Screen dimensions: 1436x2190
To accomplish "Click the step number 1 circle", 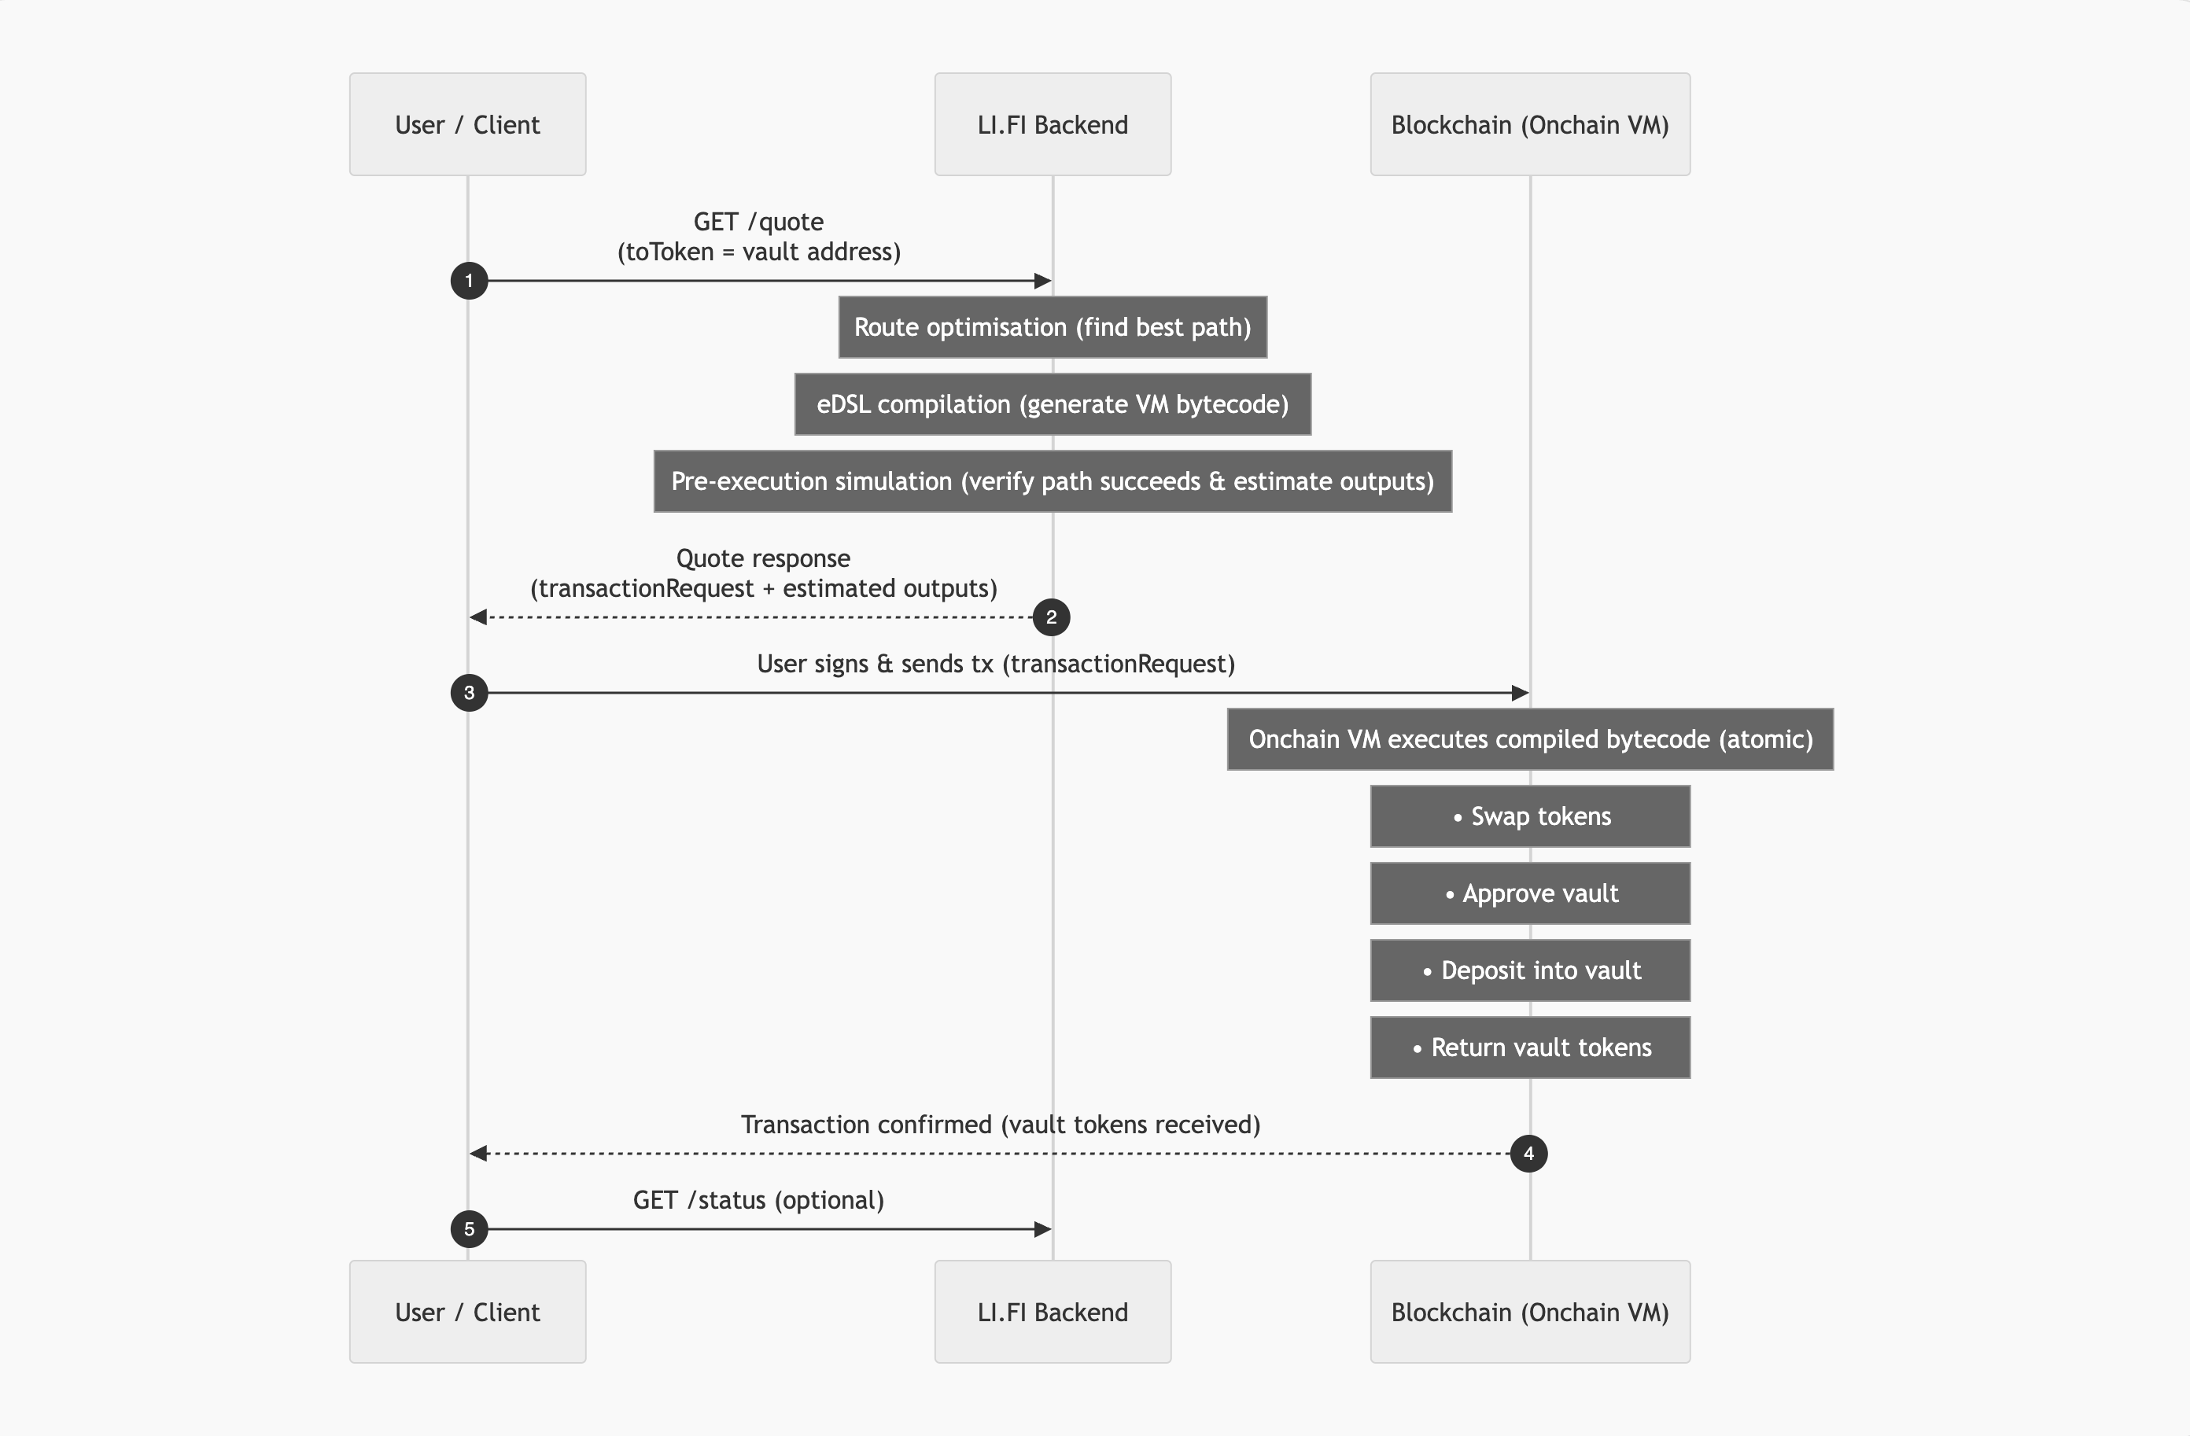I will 468,281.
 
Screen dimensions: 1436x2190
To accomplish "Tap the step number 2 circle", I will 1051,617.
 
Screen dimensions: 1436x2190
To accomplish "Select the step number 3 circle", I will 468,693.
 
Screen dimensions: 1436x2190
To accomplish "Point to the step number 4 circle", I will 1528,1154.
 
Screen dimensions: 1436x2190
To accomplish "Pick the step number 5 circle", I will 468,1229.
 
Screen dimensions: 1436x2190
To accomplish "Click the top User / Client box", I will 467,124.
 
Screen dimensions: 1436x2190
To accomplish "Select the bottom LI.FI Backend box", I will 1053,1312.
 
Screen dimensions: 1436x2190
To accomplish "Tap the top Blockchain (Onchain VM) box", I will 1529,124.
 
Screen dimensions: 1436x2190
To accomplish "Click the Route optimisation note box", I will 1053,327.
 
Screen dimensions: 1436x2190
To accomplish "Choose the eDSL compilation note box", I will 1053,405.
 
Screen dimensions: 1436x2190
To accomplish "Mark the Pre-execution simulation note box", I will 1053,482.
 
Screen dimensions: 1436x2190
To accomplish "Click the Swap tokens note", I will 1529,817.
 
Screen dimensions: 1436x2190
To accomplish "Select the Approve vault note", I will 1529,893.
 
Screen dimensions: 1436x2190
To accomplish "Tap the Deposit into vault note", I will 1529,970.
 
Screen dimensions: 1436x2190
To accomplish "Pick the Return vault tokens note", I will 1529,1048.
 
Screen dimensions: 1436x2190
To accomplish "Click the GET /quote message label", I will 758,237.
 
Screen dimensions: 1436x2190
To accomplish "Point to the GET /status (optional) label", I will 758,1201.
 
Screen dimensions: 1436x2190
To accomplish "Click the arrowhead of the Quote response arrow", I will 477,617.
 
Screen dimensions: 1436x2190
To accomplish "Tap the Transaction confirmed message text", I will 1001,1125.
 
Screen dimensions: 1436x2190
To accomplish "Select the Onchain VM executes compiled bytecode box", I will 1529,739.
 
